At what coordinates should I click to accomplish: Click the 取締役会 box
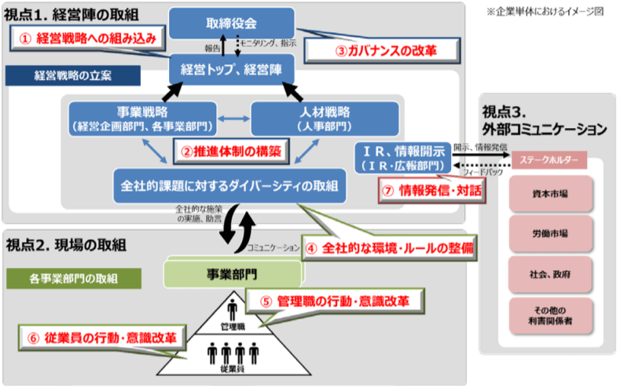tap(231, 24)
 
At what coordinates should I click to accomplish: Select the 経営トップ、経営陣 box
tap(233, 68)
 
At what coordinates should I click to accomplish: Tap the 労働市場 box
tap(549, 233)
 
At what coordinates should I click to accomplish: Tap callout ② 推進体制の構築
tap(229, 149)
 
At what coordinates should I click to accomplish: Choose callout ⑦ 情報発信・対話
tap(431, 189)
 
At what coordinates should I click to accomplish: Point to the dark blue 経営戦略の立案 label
tap(73, 76)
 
